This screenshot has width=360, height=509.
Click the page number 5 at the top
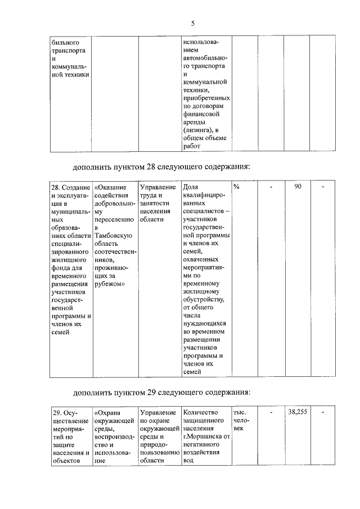[192, 23]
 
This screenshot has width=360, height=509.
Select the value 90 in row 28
[298, 186]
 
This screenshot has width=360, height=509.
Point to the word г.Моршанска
[202, 436]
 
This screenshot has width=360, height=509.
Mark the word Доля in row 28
[190, 186]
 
